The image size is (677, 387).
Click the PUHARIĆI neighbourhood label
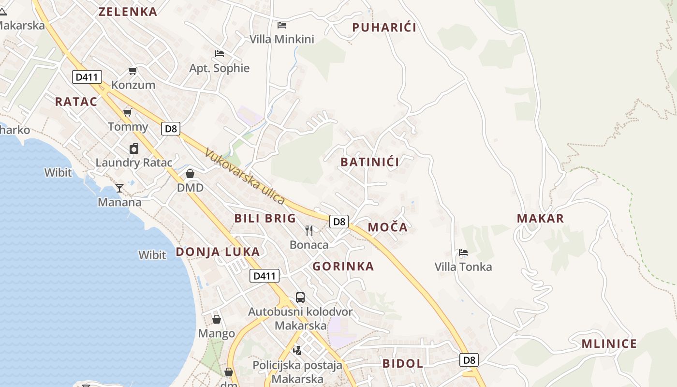384,28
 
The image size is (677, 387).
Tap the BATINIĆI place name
370,162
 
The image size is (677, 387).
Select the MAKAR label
540,219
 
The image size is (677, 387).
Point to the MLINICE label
609,344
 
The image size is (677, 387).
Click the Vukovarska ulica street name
245,176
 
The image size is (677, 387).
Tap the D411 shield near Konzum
87,76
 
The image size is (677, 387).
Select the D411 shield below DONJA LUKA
265,276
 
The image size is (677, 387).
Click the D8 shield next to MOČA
339,222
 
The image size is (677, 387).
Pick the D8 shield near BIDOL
469,360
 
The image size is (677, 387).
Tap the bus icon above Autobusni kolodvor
300,297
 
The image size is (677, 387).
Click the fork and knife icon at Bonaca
309,230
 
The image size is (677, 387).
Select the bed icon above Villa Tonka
463,253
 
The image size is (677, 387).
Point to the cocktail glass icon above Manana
119,188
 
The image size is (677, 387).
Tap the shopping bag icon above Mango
217,319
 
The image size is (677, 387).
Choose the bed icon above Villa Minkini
282,25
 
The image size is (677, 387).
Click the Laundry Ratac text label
133,163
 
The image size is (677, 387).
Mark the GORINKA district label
343,266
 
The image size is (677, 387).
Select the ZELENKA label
128,12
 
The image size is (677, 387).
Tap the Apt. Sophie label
220,68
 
